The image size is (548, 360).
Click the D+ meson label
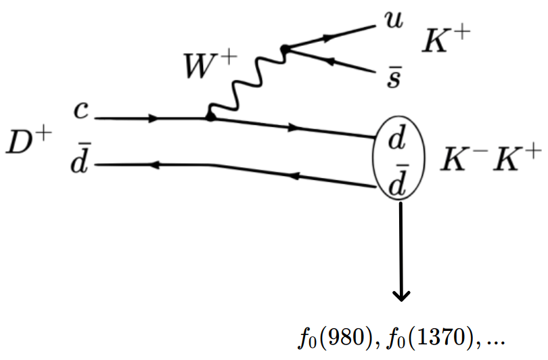pos(27,140)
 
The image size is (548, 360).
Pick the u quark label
pos(392,19)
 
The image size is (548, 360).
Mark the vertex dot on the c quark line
pos(210,117)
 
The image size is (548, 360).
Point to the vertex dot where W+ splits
pos(285,49)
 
